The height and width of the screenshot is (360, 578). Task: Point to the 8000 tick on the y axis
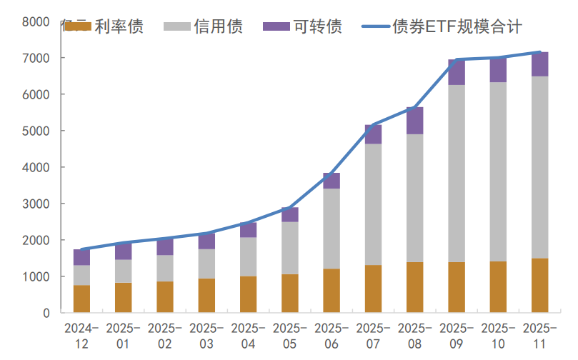[36, 21]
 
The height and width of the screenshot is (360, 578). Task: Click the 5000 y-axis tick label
[36, 131]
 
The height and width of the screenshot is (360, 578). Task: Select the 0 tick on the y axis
[46, 313]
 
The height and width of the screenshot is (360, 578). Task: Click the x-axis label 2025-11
[539, 336]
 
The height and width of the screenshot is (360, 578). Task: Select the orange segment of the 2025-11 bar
[539, 286]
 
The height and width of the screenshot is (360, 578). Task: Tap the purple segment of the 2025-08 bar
[414, 121]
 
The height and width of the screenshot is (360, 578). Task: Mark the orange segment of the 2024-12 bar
[82, 299]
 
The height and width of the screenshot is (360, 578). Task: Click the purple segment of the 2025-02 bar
[165, 247]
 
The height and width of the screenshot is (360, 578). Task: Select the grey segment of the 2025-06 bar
[332, 229]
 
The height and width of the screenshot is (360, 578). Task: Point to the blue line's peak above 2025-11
[539, 52]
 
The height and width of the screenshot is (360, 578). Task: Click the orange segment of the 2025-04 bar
[248, 294]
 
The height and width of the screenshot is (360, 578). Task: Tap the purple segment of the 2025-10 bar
[498, 70]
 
